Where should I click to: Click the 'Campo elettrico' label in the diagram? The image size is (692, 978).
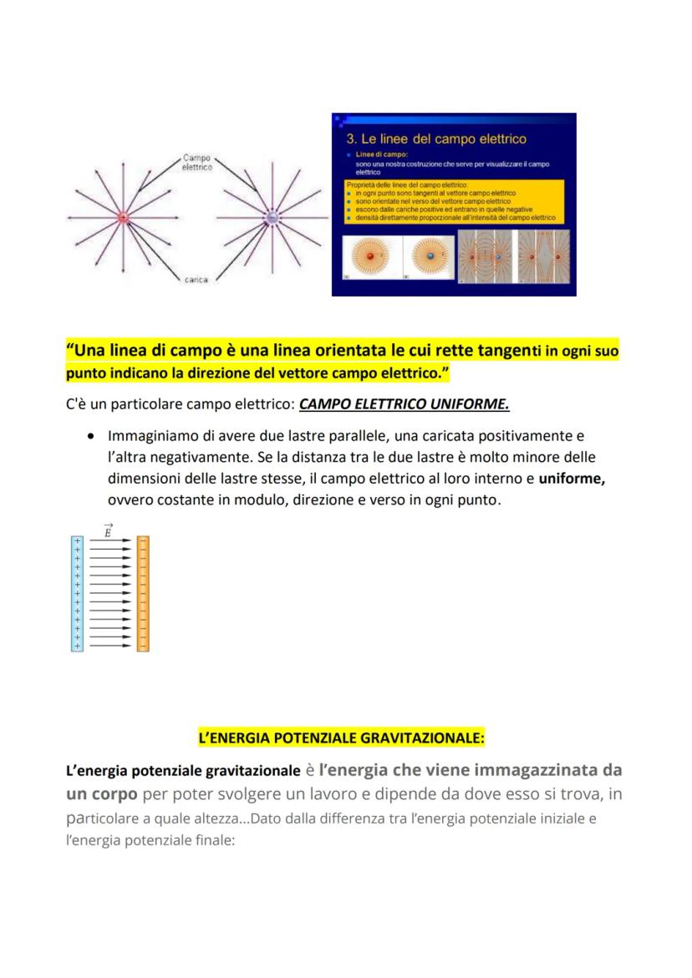pyautogui.click(x=197, y=161)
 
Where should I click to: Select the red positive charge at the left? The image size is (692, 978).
pyautogui.click(x=122, y=219)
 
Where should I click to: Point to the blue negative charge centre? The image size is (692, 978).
pyautogui.click(x=272, y=219)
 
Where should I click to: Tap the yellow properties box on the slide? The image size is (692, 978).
pyautogui.click(x=454, y=201)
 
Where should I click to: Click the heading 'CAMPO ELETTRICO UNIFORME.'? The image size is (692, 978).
pyautogui.click(x=405, y=404)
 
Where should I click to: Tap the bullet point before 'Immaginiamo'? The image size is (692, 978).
pyautogui.click(x=89, y=437)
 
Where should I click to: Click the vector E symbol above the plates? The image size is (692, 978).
pyautogui.click(x=108, y=530)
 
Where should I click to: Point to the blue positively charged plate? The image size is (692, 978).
pyautogui.click(x=78, y=594)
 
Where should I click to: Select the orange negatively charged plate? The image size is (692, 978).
pyautogui.click(x=143, y=594)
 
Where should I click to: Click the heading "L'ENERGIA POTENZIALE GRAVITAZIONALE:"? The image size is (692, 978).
pyautogui.click(x=341, y=738)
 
